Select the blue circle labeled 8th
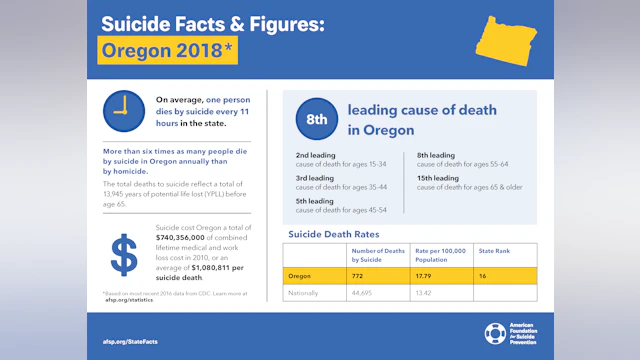tap(316, 118)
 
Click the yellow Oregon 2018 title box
tap(167, 50)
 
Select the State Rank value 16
tap(483, 274)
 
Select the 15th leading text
tap(438, 178)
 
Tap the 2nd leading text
tap(315, 156)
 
